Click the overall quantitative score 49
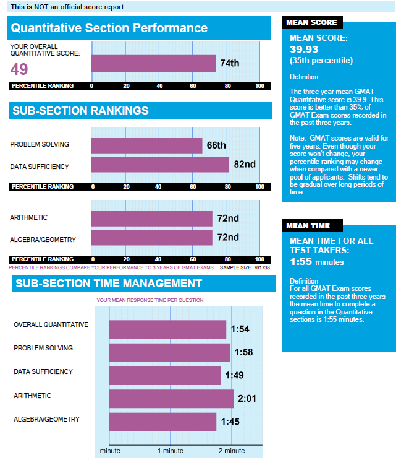coord(19,69)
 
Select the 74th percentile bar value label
coord(229,63)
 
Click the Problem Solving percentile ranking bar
coord(146,145)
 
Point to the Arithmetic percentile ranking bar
coord(151,218)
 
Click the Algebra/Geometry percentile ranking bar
coord(151,238)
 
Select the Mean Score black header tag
coord(311,22)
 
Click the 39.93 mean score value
coord(304,49)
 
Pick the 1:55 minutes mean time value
coord(317,262)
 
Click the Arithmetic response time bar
coord(171,399)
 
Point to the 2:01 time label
coord(247,399)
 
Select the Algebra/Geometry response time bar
coord(162,422)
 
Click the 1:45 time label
coord(229,422)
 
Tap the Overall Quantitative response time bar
coord(167,329)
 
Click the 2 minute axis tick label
coord(231,451)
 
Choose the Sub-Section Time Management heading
coord(108,284)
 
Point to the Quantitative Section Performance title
coord(109,28)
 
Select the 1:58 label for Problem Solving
coord(243,353)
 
